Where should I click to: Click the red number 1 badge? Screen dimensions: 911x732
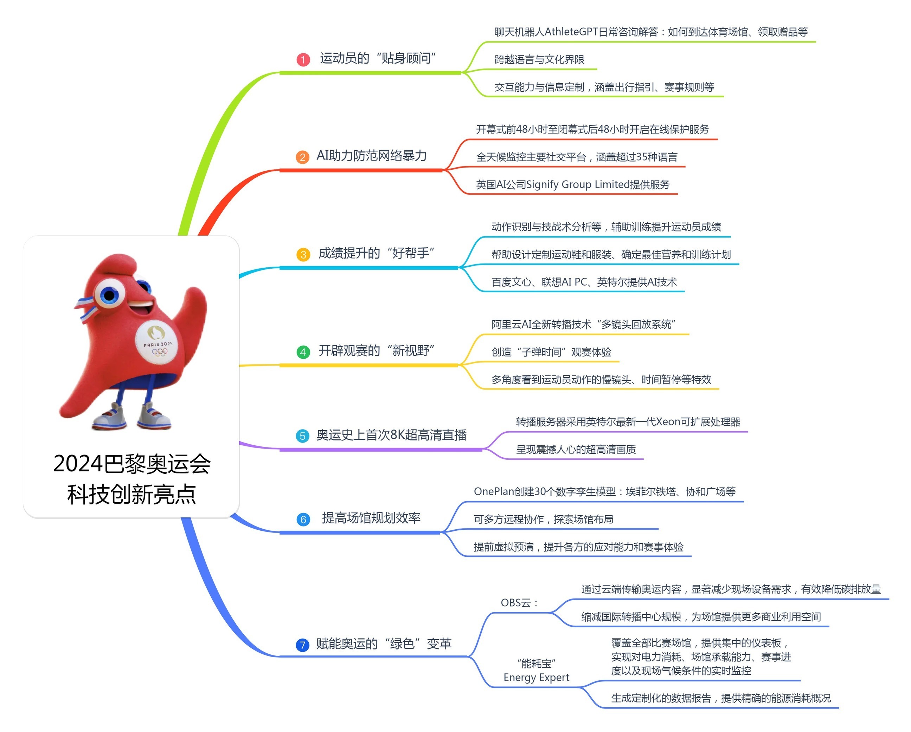point(303,59)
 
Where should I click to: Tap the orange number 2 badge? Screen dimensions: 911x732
point(302,157)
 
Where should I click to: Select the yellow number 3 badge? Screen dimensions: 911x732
point(303,255)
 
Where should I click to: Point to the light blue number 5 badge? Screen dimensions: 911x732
point(302,436)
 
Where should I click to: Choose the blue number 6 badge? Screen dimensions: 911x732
point(303,519)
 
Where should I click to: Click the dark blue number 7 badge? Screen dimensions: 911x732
point(302,645)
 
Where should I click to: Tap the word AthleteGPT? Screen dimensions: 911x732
point(571,32)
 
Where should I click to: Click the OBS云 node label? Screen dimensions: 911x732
point(519,603)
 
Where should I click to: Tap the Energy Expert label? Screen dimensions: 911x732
point(536,678)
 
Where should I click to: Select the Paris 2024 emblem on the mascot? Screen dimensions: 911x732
point(157,341)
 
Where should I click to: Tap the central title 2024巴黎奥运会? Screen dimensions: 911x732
point(132,464)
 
